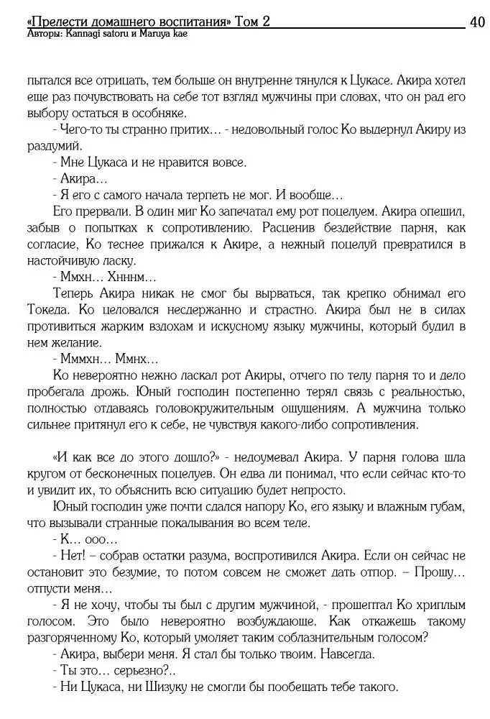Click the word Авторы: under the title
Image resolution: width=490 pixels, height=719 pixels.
[41, 34]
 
